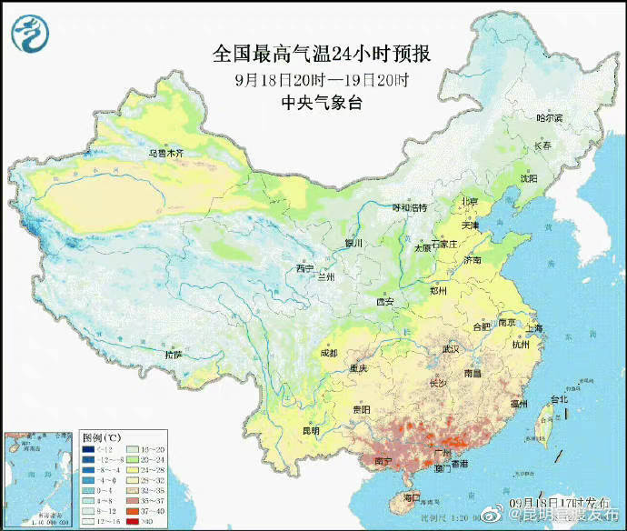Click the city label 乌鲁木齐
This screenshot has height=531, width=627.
pyautogui.click(x=166, y=154)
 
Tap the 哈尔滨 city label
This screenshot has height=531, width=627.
pyautogui.click(x=549, y=118)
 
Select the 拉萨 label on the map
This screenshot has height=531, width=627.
pyautogui.click(x=173, y=354)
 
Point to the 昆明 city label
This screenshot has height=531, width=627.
pyautogui.click(x=310, y=430)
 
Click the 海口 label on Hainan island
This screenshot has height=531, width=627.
pyautogui.click(x=412, y=497)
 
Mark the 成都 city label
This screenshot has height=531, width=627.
pyautogui.click(x=328, y=353)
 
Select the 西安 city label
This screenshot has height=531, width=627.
pyautogui.click(x=385, y=302)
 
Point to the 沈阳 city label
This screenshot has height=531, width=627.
pyautogui.click(x=529, y=179)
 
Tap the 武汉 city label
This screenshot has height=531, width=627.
pyautogui.click(x=453, y=349)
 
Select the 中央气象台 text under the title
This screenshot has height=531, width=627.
pyautogui.click(x=322, y=103)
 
